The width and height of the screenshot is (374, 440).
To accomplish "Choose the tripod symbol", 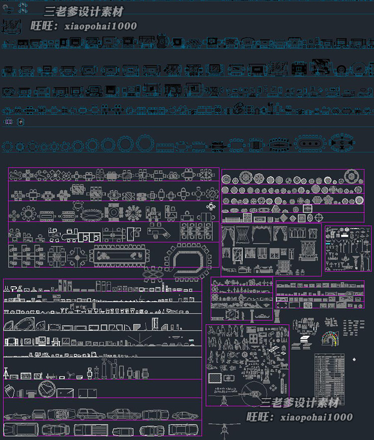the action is click(x=6, y=374).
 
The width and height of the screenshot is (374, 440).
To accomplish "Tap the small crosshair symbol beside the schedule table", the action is click(x=355, y=359).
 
